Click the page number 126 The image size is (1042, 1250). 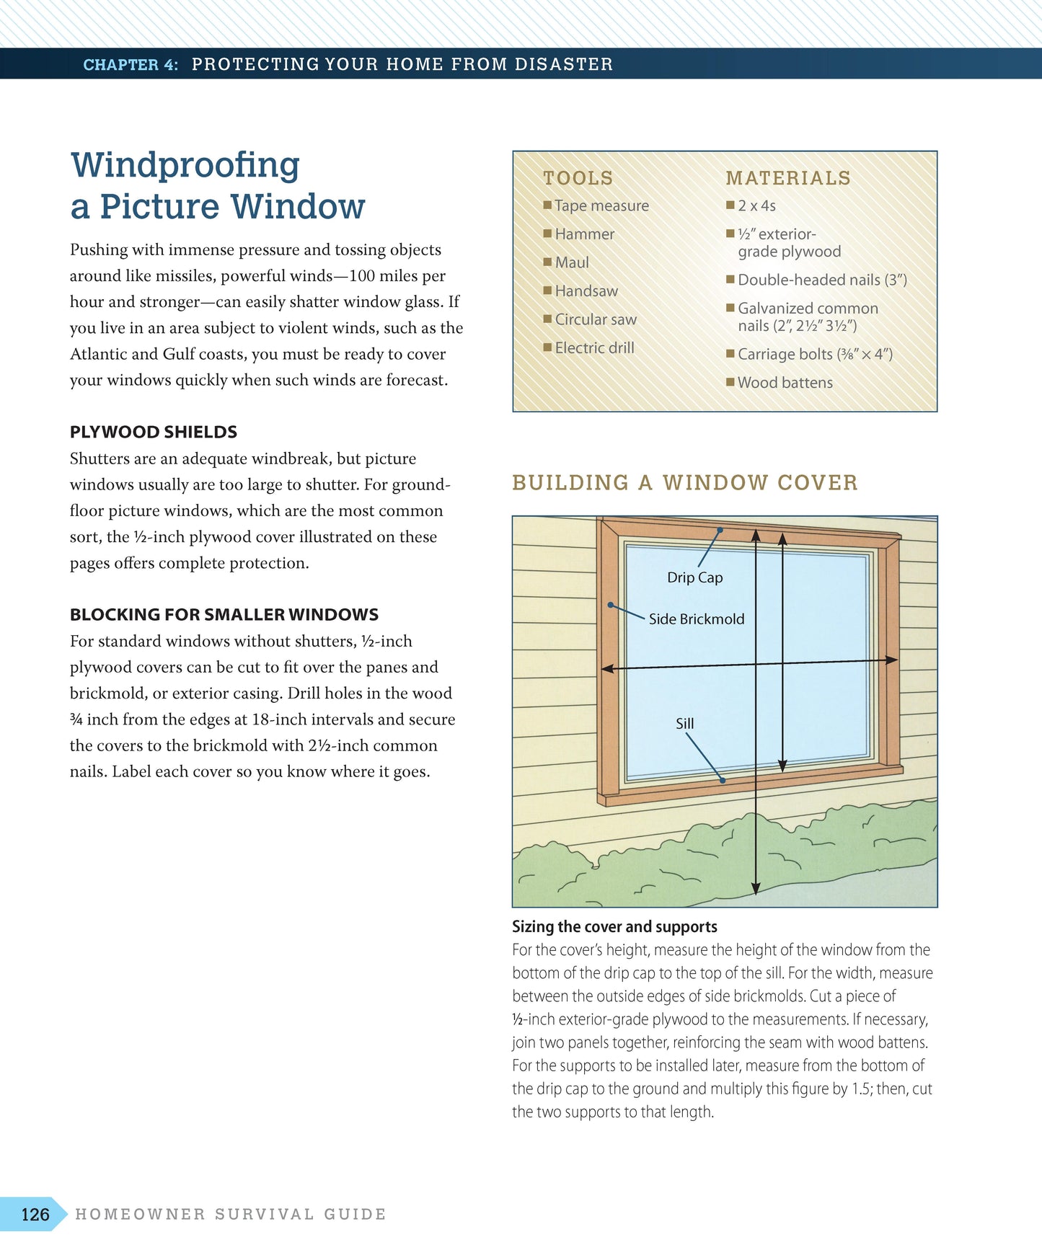click(x=35, y=1215)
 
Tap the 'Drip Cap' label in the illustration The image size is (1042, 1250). click(x=694, y=577)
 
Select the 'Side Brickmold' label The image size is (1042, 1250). click(x=696, y=619)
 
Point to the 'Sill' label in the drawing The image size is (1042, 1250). click(x=684, y=724)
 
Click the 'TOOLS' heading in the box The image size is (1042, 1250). click(x=578, y=178)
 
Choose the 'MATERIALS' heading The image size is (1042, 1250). click(x=788, y=178)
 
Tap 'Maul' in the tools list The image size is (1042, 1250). click(x=572, y=263)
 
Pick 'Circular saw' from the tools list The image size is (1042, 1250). click(x=596, y=319)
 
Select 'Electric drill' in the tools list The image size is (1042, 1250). click(x=594, y=348)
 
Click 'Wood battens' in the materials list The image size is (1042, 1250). click(x=785, y=383)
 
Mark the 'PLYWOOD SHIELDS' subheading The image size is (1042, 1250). click(x=154, y=432)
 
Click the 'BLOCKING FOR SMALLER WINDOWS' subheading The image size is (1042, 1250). click(x=224, y=614)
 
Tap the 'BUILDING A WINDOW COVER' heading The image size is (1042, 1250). click(x=685, y=482)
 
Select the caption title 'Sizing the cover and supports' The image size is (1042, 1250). click(x=614, y=926)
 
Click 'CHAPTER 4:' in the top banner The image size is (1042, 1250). click(x=131, y=65)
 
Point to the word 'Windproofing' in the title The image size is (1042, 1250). click(x=185, y=165)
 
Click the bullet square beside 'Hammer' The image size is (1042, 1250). click(x=547, y=234)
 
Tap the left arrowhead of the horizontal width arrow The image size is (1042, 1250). click(x=607, y=669)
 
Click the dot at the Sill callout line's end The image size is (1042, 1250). click(x=723, y=780)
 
